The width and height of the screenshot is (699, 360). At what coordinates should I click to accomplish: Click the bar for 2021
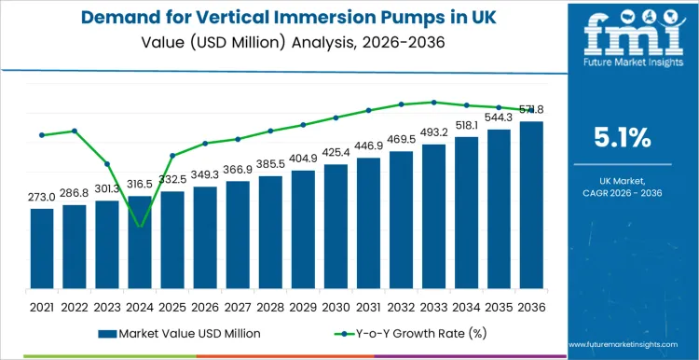click(x=42, y=249)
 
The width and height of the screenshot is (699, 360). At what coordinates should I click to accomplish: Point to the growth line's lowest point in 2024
click(x=140, y=227)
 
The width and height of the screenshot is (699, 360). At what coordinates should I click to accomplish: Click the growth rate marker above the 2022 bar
click(x=75, y=131)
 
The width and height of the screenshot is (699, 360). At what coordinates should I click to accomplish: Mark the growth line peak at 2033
click(x=433, y=102)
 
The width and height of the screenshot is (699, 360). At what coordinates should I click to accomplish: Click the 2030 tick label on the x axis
click(x=336, y=306)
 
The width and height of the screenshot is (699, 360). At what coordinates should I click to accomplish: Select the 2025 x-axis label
click(x=172, y=306)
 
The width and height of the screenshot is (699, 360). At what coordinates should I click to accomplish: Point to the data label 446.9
click(x=368, y=146)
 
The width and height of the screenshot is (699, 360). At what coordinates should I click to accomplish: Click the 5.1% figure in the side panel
click(x=622, y=138)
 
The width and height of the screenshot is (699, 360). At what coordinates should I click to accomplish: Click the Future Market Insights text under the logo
click(x=622, y=68)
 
